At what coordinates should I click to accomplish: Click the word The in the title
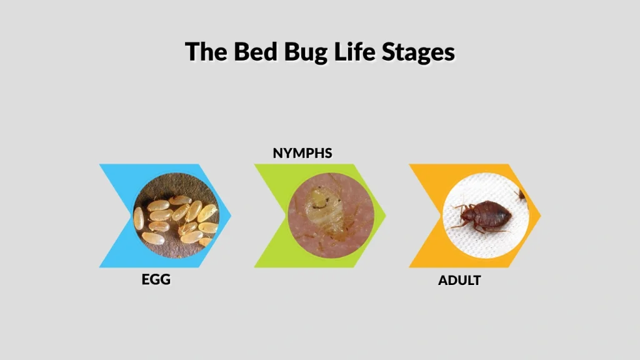207,52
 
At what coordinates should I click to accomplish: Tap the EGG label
156,279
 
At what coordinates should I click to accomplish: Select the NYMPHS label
302,153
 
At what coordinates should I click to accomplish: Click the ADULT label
459,281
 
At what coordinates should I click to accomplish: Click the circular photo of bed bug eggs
176,216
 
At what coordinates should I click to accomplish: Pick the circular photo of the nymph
331,216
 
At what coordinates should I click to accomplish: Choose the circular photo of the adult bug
486,216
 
